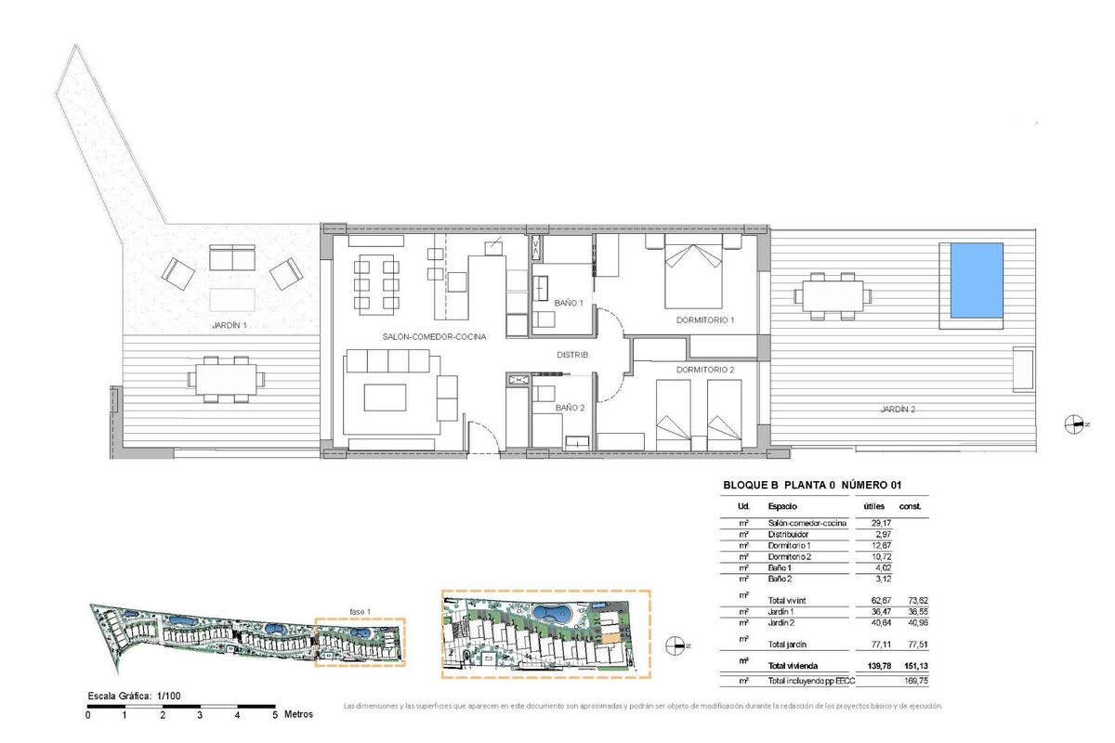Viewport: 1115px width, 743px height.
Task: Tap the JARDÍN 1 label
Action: pos(230,326)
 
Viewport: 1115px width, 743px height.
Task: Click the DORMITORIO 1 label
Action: pos(705,320)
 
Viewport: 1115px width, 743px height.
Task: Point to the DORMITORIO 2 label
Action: pos(705,370)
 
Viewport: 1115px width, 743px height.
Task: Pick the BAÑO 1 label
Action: pos(570,303)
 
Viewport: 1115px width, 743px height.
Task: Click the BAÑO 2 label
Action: pos(570,408)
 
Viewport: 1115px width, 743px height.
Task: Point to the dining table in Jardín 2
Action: pos(833,296)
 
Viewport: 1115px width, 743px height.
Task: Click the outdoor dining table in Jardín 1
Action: pos(226,379)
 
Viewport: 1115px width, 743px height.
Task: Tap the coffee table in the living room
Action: pos(386,397)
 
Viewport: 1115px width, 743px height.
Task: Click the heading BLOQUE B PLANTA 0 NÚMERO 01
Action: pos(812,485)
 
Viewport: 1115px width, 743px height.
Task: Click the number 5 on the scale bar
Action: pos(275,715)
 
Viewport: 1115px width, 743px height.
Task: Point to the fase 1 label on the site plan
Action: pos(361,611)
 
